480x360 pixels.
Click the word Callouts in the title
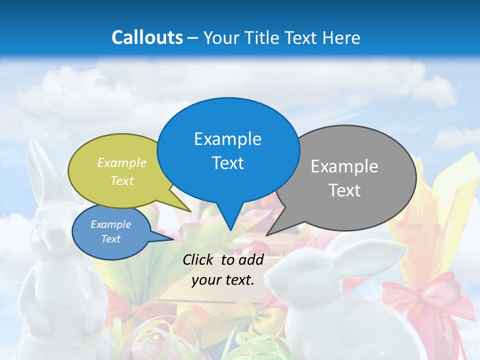(147, 37)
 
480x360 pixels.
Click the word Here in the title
(341, 37)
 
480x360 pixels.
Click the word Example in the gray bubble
(344, 166)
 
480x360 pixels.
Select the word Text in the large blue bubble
(228, 162)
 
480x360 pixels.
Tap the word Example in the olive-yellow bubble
(122, 162)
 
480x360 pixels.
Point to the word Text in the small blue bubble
(111, 239)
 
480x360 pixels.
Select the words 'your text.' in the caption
(223, 280)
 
